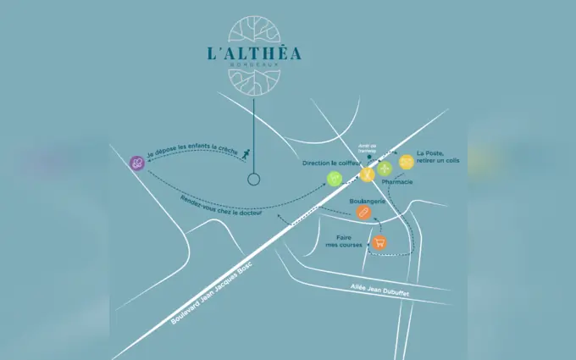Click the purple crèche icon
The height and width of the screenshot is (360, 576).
[x=136, y=163]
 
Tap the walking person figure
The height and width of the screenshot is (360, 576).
[x=244, y=154]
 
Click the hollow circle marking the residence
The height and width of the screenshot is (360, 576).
[x=252, y=180]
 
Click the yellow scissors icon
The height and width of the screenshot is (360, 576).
[x=367, y=174]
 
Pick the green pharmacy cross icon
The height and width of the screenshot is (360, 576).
[x=385, y=167]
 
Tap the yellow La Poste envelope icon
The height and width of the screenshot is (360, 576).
[x=406, y=161]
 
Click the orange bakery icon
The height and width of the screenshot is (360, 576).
[x=363, y=213]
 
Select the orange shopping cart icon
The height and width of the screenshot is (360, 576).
[x=380, y=242]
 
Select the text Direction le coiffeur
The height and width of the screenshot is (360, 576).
[x=331, y=162]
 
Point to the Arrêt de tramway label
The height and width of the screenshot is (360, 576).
[x=367, y=147]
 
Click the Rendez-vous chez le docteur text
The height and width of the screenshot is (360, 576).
[x=221, y=207]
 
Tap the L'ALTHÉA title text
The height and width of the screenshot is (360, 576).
[x=253, y=53]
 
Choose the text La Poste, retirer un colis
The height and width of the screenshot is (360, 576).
[x=437, y=157]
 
